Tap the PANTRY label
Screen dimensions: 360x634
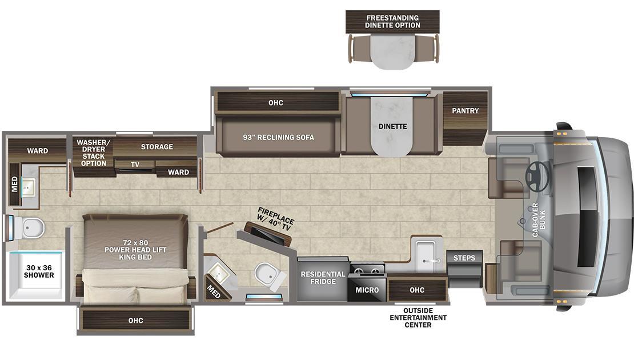click(x=466, y=110)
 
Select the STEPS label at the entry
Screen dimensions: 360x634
click(x=464, y=258)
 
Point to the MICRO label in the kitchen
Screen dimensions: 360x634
click(x=367, y=290)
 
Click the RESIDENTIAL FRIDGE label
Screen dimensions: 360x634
click(x=323, y=278)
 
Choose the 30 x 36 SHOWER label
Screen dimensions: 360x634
click(x=39, y=271)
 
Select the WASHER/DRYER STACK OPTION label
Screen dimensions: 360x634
click(x=93, y=153)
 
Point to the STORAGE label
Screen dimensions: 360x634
click(x=157, y=147)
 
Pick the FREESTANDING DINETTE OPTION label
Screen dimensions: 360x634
click(x=392, y=22)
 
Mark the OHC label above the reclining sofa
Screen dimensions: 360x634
click(x=276, y=103)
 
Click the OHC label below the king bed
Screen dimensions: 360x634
click(x=135, y=320)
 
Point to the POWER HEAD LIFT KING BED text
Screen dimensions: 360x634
click(x=135, y=250)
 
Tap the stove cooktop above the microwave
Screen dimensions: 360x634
click(x=367, y=270)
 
